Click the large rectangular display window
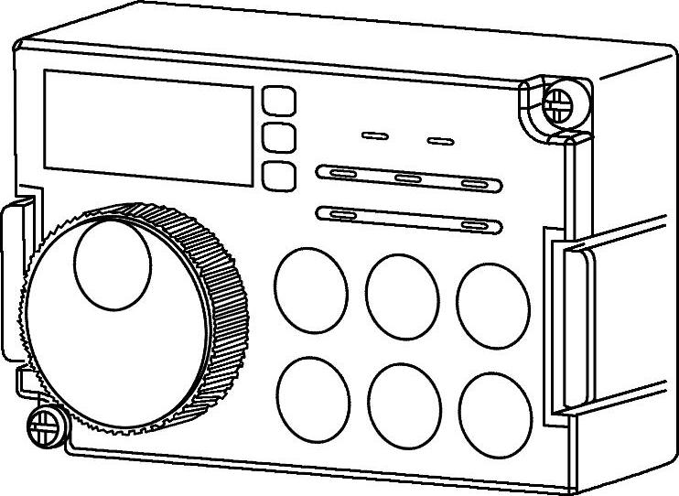148,126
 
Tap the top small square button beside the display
279,101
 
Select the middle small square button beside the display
279,137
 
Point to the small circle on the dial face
112,263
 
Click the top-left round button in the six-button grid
311,291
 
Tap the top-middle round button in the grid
401,293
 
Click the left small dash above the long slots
375,135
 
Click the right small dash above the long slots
441,141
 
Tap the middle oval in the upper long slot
408,178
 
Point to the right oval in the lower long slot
476,224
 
